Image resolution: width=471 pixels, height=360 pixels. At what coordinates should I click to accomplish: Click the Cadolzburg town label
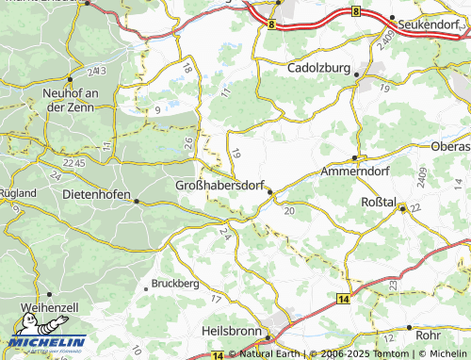pyautogui.click(x=324, y=69)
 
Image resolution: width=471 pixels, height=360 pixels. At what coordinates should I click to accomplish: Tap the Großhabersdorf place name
pyautogui.click(x=220, y=186)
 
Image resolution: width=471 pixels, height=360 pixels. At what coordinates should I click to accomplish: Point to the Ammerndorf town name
pyautogui.click(x=355, y=172)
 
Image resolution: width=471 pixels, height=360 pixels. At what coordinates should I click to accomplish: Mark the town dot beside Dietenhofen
pyautogui.click(x=137, y=201)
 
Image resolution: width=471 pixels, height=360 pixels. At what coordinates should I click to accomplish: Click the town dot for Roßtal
pyautogui.click(x=401, y=209)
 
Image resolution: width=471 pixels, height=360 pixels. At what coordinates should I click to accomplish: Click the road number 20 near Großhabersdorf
pyautogui.click(x=288, y=212)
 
